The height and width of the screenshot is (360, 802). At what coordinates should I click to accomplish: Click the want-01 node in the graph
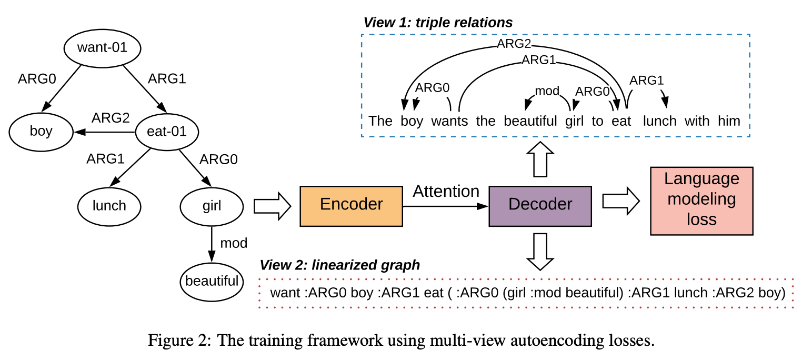103,48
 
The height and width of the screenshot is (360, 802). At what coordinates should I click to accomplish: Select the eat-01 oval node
167,132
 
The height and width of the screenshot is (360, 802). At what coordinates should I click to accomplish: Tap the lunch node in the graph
109,207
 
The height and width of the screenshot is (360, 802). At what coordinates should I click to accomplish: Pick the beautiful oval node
212,282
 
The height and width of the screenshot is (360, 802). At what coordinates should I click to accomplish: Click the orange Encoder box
351,206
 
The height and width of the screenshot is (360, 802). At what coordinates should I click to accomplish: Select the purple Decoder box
540,206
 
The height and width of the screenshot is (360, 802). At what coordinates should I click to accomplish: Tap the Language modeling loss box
702,201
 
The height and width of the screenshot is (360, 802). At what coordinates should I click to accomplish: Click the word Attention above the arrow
446,191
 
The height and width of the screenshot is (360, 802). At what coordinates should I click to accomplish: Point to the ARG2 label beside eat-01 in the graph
111,118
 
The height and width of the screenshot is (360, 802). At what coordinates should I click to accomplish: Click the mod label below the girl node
234,243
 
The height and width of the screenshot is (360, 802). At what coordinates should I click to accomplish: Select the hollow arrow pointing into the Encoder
273,206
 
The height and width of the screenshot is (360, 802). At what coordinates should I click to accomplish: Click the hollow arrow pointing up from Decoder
540,159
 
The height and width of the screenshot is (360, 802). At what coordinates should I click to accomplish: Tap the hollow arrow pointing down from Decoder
540,252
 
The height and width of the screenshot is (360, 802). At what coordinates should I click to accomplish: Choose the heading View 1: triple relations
438,23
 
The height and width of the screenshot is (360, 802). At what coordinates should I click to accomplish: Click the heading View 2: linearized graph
339,265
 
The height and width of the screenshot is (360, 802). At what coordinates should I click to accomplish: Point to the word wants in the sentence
449,121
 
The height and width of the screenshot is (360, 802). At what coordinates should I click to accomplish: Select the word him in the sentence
729,121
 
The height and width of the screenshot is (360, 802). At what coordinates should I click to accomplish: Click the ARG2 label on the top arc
514,43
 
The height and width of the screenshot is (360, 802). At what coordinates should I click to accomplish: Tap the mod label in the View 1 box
547,91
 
